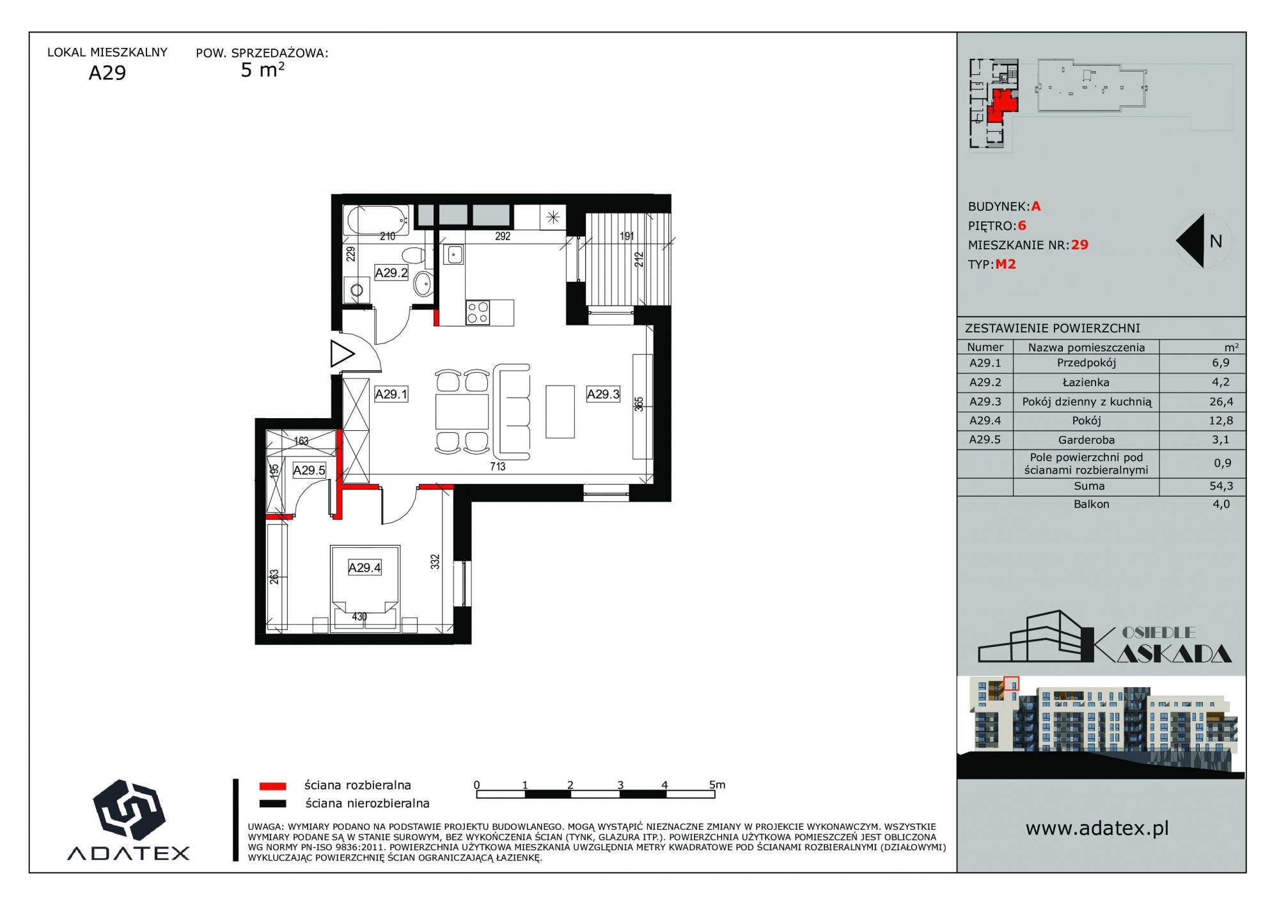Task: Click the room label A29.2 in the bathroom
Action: pyautogui.click(x=391, y=273)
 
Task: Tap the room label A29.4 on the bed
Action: pyautogui.click(x=365, y=568)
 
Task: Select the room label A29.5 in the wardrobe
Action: pyautogui.click(x=310, y=471)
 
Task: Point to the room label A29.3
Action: pyautogui.click(x=603, y=394)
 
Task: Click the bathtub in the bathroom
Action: pyautogui.click(x=378, y=221)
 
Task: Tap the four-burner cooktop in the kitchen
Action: pyautogui.click(x=478, y=313)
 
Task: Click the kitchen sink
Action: pyautogui.click(x=455, y=254)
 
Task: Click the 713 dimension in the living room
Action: pyautogui.click(x=498, y=467)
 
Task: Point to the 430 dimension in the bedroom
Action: pyautogui.click(x=359, y=617)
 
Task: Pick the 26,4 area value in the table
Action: pyautogui.click(x=1220, y=401)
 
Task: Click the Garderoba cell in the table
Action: pyautogui.click(x=1086, y=440)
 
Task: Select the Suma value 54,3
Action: pyautogui.click(x=1221, y=486)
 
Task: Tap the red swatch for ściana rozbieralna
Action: pyautogui.click(x=272, y=786)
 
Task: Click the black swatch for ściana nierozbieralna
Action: pyautogui.click(x=272, y=804)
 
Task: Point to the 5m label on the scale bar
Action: pyautogui.click(x=717, y=784)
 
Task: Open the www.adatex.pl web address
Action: pyautogui.click(x=1097, y=829)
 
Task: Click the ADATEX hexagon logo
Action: pyautogui.click(x=129, y=809)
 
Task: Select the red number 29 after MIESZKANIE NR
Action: pyautogui.click(x=1079, y=245)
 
